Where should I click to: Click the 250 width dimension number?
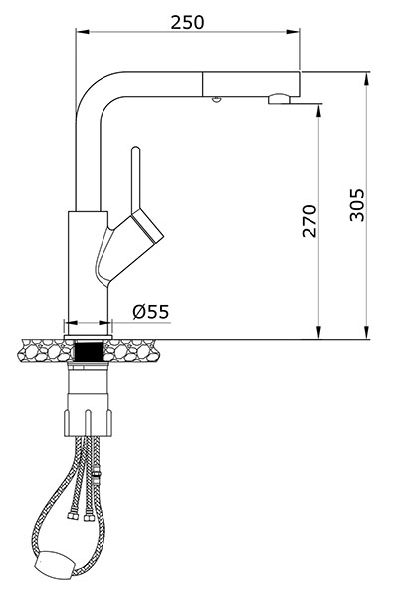(x=187, y=22)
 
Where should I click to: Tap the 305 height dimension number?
(x=357, y=205)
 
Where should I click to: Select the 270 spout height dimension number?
(x=310, y=221)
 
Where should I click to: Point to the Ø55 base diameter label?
(x=151, y=312)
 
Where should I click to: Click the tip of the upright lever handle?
(x=135, y=148)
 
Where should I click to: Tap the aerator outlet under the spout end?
(x=279, y=99)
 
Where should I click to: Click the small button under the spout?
(x=216, y=99)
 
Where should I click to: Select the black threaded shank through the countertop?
(x=89, y=352)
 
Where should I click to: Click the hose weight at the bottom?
(x=54, y=563)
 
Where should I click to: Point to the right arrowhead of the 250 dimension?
(x=294, y=31)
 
